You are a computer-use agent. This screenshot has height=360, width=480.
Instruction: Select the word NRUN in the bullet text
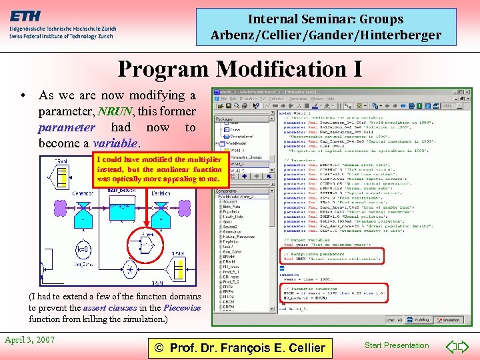(x=115, y=111)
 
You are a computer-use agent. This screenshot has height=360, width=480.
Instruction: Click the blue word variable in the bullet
(x=115, y=143)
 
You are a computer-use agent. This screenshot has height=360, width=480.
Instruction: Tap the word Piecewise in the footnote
(x=182, y=307)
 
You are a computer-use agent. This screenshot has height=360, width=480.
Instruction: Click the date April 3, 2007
(x=30, y=339)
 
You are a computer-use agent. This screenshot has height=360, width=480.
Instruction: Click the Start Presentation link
(x=397, y=345)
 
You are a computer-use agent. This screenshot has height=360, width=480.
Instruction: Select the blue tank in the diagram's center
(x=120, y=210)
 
